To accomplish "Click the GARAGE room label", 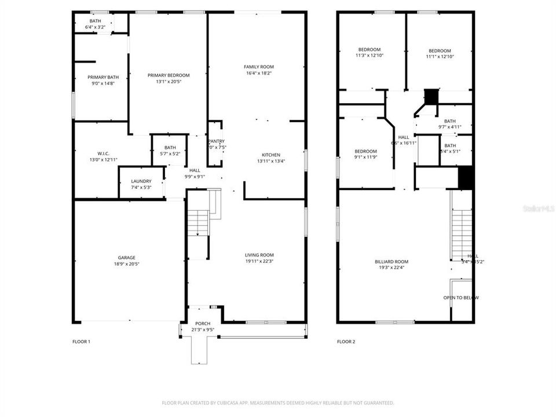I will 127,257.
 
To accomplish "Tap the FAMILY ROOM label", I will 259,67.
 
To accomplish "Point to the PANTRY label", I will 216,141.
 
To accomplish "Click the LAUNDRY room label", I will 141,181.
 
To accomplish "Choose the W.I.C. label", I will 96,153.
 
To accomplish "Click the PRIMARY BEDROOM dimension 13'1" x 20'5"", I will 168,82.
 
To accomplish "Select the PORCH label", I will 203,323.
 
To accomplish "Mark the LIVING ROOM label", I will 259,255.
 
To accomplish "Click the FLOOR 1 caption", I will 81,342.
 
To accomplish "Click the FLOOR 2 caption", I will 346,342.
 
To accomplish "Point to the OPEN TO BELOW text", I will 461,298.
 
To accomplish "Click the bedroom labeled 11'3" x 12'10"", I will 370,56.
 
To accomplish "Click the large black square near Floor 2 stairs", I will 466,178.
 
